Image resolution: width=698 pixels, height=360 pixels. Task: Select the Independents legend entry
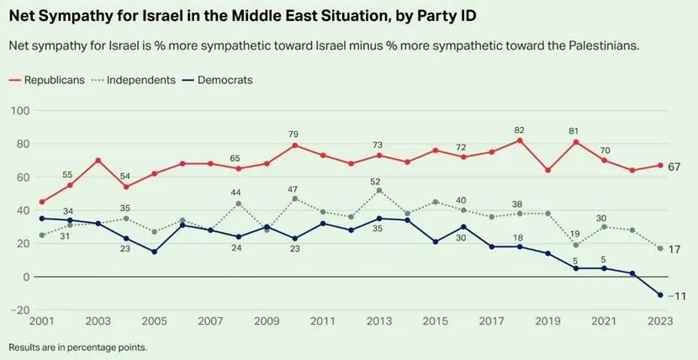click(x=139, y=80)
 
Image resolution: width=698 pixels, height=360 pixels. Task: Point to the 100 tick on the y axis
click(x=19, y=110)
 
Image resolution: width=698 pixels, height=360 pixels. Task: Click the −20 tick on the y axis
click(x=19, y=310)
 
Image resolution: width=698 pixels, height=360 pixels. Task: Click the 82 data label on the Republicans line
click(x=520, y=130)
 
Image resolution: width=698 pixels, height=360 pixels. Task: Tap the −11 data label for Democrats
click(x=676, y=296)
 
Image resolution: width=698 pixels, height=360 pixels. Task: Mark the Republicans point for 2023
click(x=660, y=166)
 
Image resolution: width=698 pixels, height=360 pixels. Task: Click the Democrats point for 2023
click(x=660, y=295)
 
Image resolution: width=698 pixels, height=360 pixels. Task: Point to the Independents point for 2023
click(x=660, y=249)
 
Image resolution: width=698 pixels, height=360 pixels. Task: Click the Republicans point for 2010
click(x=294, y=146)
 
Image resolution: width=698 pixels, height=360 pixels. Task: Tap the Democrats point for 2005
click(x=154, y=251)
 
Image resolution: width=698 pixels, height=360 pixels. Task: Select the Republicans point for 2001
click(x=42, y=202)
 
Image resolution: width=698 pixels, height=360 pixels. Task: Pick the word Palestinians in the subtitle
click(x=597, y=45)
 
